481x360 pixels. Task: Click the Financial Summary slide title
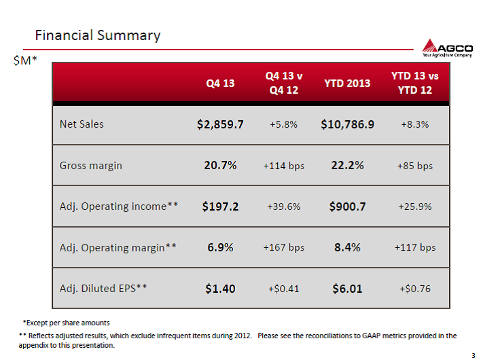98,35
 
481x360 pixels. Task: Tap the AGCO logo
447,48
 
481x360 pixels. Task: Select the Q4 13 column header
220,83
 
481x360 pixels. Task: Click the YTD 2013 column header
347,83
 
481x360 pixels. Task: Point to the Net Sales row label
82,124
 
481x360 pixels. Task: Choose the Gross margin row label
91,166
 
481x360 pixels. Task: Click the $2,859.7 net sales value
220,124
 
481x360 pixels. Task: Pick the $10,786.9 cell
347,124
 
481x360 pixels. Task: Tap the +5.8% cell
284,124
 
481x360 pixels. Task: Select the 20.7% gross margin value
220,165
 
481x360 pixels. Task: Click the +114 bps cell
284,166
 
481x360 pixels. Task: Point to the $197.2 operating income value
220,206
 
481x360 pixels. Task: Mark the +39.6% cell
284,206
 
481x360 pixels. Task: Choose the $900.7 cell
347,206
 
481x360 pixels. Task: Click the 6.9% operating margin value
220,247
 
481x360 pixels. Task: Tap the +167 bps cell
284,247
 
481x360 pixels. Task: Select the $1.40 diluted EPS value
220,289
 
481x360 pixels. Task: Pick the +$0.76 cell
415,289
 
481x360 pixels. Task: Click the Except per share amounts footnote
67,323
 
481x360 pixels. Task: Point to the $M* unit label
25,60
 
